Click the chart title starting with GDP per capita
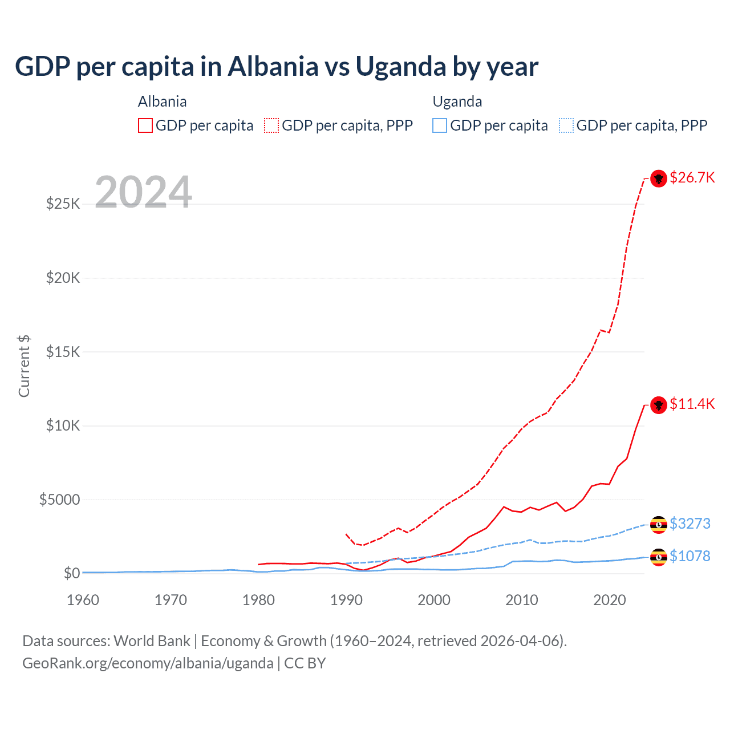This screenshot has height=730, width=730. coord(277,66)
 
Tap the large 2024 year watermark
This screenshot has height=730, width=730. coord(143,192)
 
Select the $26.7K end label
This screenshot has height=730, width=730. coord(692,178)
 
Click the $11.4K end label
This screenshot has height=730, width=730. coord(692,404)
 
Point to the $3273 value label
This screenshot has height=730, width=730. coord(690,524)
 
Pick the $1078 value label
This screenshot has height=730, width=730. coord(690,556)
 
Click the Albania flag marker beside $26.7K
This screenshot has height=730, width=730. coord(659,179)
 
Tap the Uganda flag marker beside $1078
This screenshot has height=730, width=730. coord(659,557)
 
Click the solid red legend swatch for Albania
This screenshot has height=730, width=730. coord(145,125)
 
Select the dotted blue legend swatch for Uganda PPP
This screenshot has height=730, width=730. coord(566,125)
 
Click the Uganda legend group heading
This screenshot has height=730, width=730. coord(457,102)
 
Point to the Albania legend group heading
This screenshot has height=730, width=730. coord(162,102)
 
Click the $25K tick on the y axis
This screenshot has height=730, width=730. coord(63,204)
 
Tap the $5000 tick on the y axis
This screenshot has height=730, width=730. coord(59,500)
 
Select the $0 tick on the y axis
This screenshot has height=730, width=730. coord(71,573)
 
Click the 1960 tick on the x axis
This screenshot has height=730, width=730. coord(83,600)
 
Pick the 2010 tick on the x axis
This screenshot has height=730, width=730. coord(522,600)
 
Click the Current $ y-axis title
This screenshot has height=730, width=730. coord(24,366)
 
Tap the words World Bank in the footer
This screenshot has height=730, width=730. coord(152,641)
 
